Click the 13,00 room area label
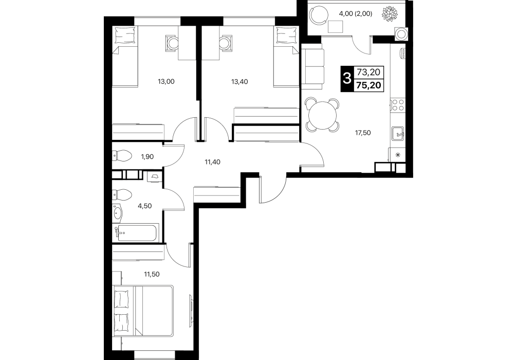click(x=166, y=81)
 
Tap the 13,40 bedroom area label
click(x=239, y=81)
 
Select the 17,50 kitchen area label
click(x=363, y=133)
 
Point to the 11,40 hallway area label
click(x=212, y=161)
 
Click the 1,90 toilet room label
click(x=147, y=157)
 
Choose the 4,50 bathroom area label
click(x=145, y=206)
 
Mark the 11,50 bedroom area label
click(x=152, y=274)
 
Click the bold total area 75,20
click(x=368, y=85)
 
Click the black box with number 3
click(x=346, y=79)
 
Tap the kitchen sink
click(x=398, y=134)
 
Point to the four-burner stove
click(x=398, y=105)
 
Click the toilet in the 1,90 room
click(x=122, y=155)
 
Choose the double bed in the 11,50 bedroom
click(x=142, y=311)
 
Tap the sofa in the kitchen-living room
click(x=312, y=69)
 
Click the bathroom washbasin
click(x=117, y=213)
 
